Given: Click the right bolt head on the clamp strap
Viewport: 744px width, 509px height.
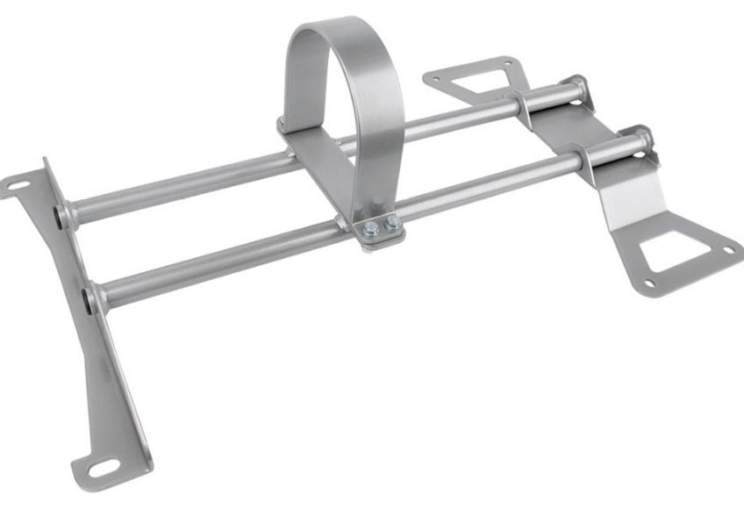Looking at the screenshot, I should click(393, 224).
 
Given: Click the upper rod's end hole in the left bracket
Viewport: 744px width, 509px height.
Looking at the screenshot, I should click(61, 217).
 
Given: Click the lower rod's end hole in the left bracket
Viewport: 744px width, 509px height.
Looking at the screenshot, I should click(91, 299).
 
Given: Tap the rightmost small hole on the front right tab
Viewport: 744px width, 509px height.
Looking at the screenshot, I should click(727, 251).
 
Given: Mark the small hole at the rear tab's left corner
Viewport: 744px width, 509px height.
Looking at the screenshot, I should click(434, 81).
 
